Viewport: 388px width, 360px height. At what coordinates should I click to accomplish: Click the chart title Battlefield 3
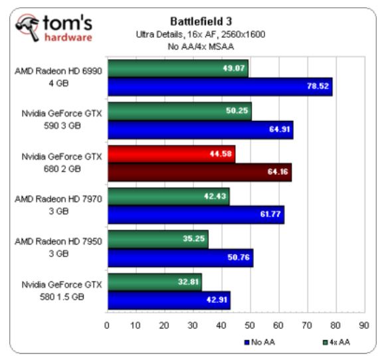click(201, 21)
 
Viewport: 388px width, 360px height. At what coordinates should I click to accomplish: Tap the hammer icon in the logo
click(27, 27)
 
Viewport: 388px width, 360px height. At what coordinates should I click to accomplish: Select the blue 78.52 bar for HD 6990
click(220, 86)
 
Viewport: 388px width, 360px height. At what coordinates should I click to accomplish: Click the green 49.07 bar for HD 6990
click(178, 68)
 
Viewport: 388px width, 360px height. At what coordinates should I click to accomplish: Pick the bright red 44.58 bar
click(171, 154)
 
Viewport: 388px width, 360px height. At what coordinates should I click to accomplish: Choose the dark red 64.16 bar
click(200, 172)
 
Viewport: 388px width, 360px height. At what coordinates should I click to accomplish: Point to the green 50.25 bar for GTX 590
click(179, 111)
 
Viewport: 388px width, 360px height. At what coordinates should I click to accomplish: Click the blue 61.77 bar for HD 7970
click(196, 215)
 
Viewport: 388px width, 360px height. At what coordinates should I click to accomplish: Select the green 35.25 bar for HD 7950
click(158, 239)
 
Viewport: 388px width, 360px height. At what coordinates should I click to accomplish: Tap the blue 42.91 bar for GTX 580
click(169, 300)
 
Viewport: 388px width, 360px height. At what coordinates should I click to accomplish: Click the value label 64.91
click(279, 129)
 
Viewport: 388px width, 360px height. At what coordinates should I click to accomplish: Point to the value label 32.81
click(188, 282)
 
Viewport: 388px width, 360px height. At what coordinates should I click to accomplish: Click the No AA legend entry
click(259, 342)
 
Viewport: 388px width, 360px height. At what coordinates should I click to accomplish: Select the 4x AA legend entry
click(336, 342)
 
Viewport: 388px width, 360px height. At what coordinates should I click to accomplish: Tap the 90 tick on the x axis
click(364, 325)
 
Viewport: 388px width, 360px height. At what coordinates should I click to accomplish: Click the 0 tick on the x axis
click(107, 325)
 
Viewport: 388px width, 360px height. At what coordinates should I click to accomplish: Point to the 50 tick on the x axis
click(249, 325)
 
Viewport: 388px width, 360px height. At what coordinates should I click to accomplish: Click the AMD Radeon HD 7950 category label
click(58, 247)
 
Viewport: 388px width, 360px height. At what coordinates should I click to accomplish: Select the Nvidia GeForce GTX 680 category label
click(62, 163)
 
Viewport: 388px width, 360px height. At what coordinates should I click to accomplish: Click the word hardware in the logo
click(68, 38)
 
